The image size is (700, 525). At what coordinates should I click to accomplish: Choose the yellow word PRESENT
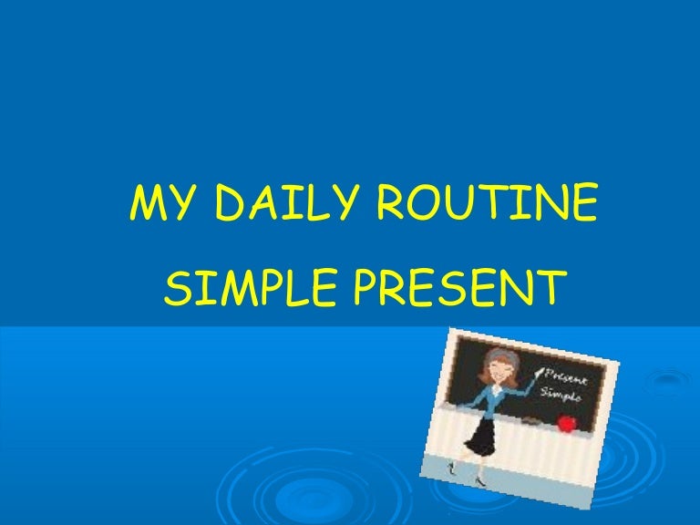tap(456, 287)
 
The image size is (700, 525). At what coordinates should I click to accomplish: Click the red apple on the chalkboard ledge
tap(566, 422)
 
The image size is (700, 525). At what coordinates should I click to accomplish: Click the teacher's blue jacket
tap(490, 398)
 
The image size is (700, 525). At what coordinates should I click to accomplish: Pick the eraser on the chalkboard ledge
tap(532, 420)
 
